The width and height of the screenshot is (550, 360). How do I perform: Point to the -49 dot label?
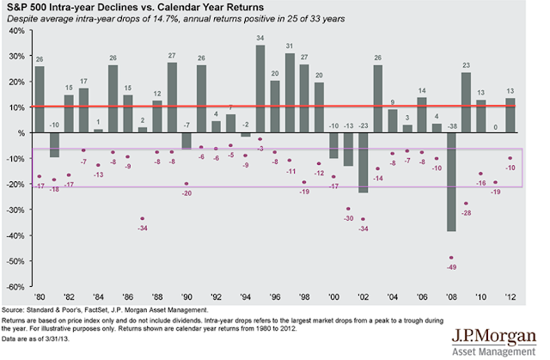[450, 266]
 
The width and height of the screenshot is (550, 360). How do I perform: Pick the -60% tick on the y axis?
[15, 286]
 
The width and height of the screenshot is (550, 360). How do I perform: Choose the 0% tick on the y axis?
[19, 133]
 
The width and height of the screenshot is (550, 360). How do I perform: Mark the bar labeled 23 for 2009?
[466, 102]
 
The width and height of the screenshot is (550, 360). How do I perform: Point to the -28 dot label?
[466, 212]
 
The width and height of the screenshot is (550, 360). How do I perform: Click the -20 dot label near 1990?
[186, 192]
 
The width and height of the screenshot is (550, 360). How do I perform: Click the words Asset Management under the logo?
[493, 350]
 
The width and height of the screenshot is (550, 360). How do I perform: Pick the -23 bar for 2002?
[363, 162]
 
